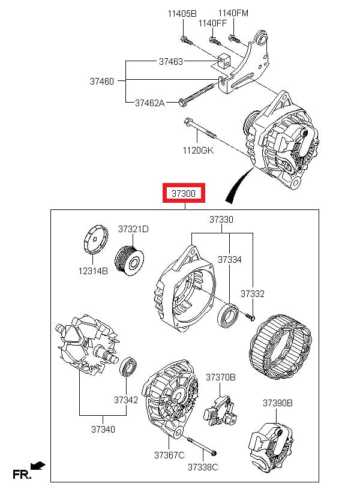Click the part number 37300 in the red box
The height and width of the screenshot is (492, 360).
tap(184, 193)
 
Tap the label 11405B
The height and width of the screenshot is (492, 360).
tap(182, 13)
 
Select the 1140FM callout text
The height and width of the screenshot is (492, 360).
tap(233, 13)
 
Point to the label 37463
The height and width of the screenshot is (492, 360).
tap(171, 61)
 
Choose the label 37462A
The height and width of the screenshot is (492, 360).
tap(150, 103)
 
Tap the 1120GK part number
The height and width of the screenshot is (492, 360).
tap(198, 150)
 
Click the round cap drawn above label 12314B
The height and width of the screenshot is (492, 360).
tap(96, 239)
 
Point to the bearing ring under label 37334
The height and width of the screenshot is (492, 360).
tap(228, 315)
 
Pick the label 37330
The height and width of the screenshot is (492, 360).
tap(221, 220)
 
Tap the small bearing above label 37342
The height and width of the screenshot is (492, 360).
tap(128, 366)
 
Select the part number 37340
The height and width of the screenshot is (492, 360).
tap(103, 429)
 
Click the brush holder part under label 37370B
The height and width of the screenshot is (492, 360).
tap(220, 410)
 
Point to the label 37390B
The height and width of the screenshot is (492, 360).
tap(277, 403)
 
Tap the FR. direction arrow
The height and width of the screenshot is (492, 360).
tap(38, 466)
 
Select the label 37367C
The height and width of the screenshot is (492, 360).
tap(169, 455)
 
